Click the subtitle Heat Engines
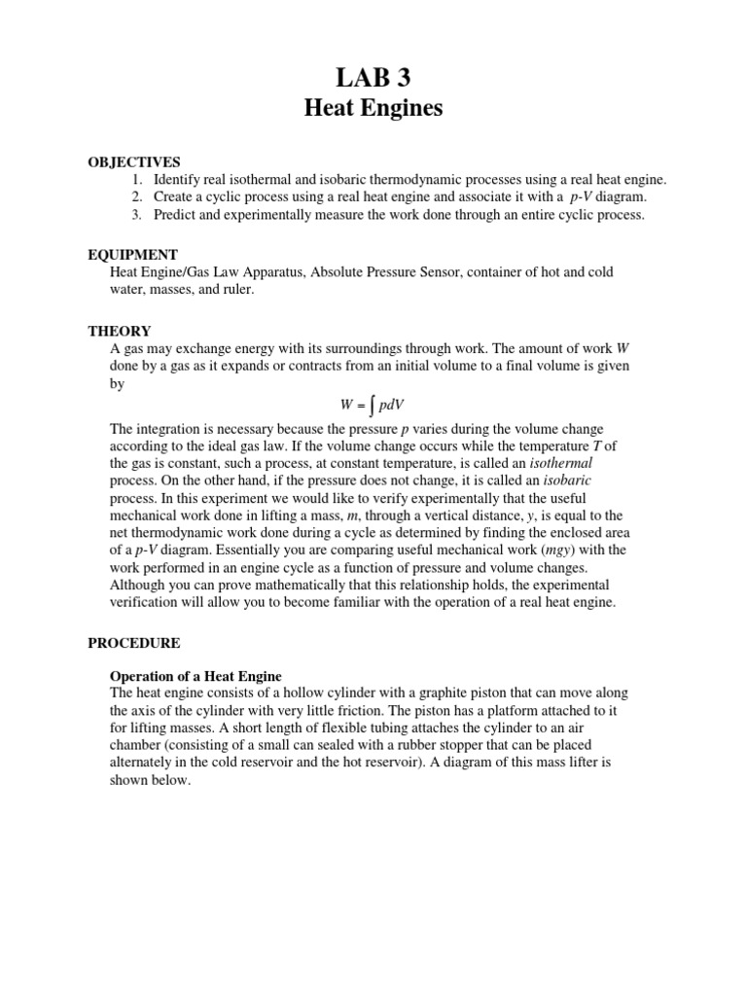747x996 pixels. (x=373, y=108)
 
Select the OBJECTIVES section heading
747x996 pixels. (x=134, y=161)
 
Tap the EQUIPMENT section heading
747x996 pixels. (x=132, y=255)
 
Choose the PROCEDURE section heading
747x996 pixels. (x=133, y=643)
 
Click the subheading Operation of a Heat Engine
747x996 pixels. (x=196, y=676)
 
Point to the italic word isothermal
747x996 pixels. (x=555, y=463)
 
